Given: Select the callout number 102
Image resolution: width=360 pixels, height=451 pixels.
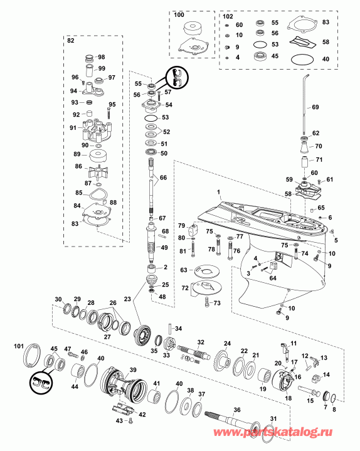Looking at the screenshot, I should (x=227, y=14).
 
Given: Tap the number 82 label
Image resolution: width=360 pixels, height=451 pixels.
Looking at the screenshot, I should (x=70, y=40).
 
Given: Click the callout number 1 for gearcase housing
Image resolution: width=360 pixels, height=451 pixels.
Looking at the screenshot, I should (x=218, y=191).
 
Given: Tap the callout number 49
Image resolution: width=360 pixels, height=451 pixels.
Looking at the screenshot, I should (x=164, y=248).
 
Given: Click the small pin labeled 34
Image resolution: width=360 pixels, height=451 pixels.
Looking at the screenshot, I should (x=170, y=329).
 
